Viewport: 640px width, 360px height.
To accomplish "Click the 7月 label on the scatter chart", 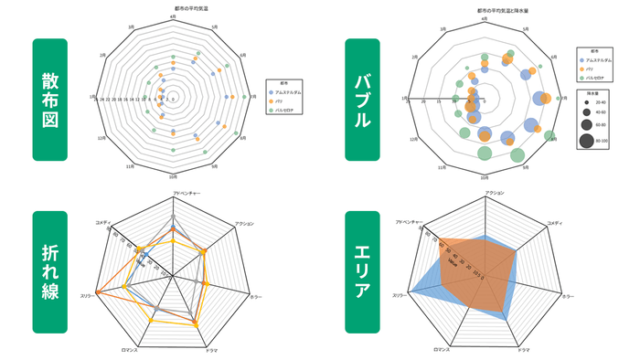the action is tap(250, 98).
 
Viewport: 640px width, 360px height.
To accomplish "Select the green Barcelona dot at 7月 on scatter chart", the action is tap(237, 98).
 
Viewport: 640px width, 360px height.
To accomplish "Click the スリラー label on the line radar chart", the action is tap(88, 295).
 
